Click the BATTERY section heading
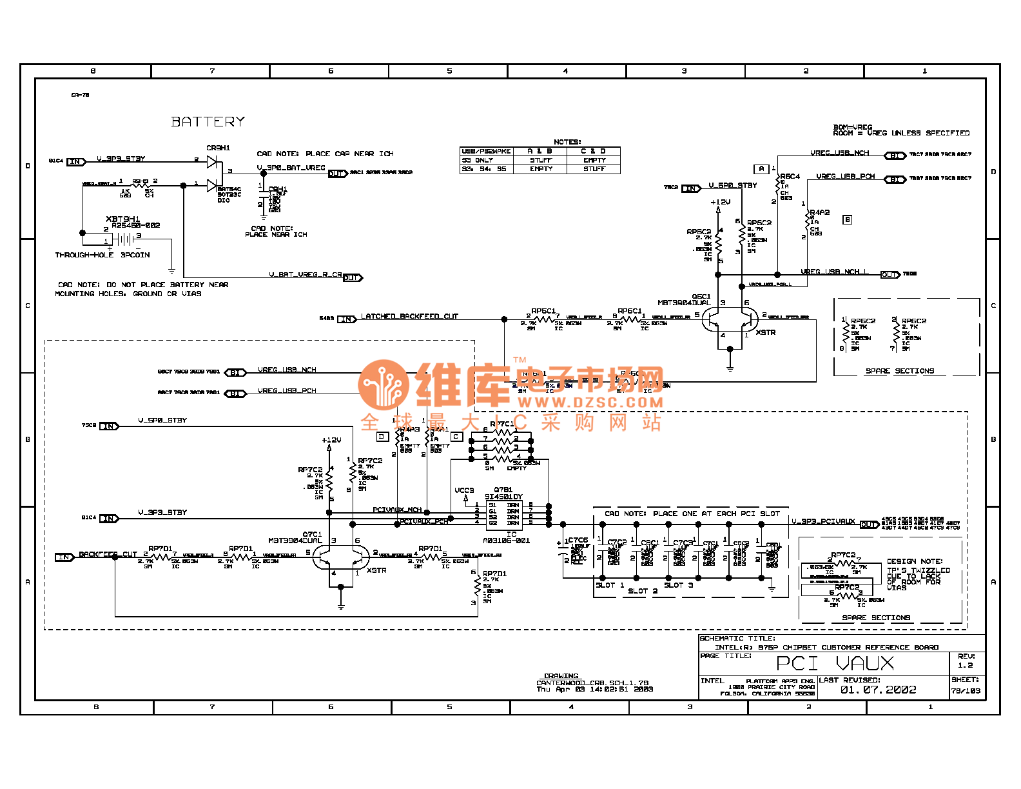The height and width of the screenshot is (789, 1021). click(208, 122)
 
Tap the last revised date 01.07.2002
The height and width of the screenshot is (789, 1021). click(878, 690)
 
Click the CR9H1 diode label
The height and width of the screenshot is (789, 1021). click(218, 148)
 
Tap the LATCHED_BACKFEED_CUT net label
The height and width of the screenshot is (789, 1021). click(409, 317)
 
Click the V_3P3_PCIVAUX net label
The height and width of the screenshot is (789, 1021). click(823, 521)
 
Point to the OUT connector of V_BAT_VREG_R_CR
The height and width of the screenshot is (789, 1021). click(352, 278)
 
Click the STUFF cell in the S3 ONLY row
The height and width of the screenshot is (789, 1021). click(541, 161)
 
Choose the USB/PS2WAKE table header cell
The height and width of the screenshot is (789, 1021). click(486, 152)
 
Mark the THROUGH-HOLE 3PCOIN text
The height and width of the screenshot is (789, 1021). click(102, 255)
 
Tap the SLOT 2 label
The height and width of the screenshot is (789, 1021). click(643, 591)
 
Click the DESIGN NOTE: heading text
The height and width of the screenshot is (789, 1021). click(914, 561)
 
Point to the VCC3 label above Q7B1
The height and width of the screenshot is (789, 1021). click(464, 490)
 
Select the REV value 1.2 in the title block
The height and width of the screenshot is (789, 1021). click(965, 665)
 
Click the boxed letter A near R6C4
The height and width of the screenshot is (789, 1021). click(761, 169)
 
